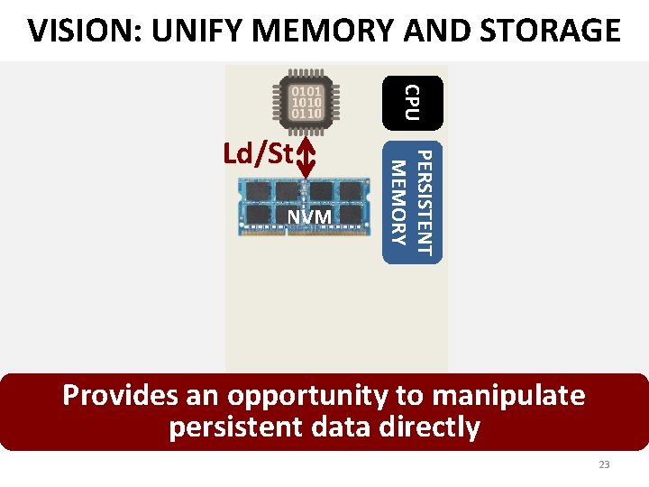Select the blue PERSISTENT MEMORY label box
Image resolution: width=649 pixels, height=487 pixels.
tap(412, 202)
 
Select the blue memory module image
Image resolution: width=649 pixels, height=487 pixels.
tap(304, 206)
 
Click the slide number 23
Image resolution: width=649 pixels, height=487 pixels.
tap(604, 464)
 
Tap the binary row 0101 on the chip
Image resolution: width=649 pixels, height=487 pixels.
tap(303, 90)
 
